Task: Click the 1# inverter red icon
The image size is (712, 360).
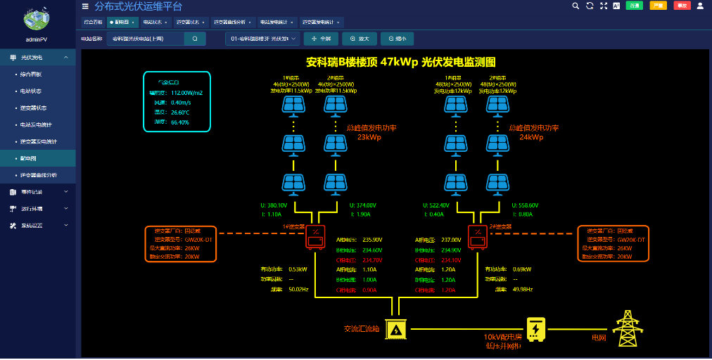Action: (314, 238)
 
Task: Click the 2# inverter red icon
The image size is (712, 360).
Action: (478, 238)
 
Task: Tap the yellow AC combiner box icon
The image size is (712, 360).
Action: (395, 329)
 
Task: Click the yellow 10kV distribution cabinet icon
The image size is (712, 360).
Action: (535, 328)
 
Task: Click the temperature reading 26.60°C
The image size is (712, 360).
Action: (181, 112)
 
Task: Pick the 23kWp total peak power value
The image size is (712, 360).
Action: (369, 138)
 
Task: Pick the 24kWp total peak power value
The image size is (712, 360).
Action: (531, 138)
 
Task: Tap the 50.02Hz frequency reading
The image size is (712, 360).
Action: (299, 290)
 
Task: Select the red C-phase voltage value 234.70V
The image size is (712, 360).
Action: (371, 260)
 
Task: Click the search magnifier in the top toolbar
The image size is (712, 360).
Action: (575, 6)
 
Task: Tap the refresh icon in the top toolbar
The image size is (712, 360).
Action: (589, 6)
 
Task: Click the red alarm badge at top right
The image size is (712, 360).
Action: (682, 6)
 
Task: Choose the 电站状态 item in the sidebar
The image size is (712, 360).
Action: (31, 91)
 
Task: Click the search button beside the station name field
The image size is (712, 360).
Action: (195, 39)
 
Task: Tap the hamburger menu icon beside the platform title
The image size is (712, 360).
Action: (85, 6)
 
